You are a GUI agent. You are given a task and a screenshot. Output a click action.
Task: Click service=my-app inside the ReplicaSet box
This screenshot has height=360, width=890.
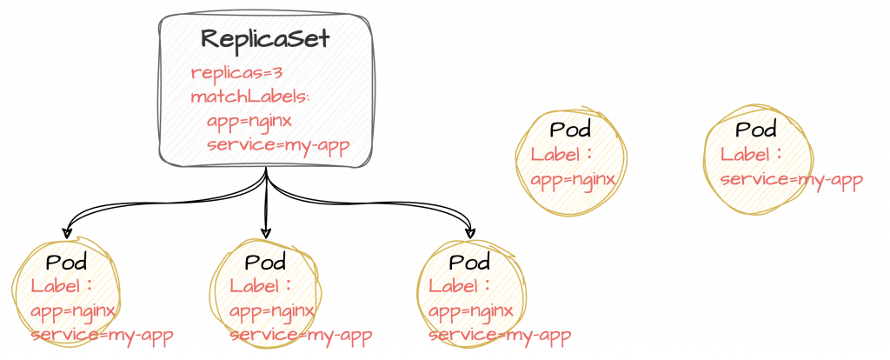[278, 144]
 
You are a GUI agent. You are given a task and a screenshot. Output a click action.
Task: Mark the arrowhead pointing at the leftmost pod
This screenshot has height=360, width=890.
[66, 233]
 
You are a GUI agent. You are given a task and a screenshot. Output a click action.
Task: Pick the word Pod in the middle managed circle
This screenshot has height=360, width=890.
[266, 263]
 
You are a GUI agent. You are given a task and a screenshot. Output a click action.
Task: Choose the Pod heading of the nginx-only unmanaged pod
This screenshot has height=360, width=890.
[571, 131]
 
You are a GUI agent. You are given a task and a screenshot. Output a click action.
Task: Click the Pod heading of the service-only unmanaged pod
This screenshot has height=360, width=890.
[755, 130]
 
